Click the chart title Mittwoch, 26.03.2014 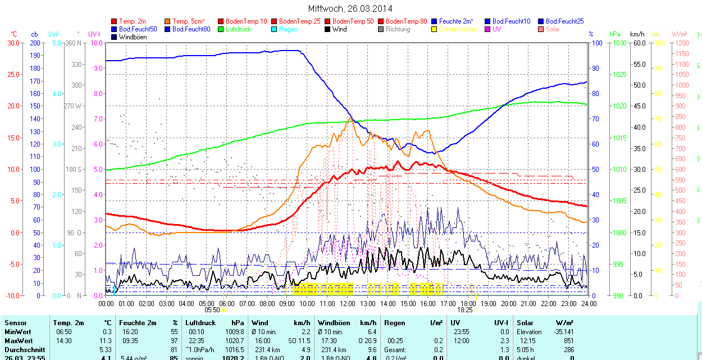pyautogui.click(x=350, y=8)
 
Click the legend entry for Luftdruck pyautogui.click(x=238, y=29)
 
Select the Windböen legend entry pyautogui.click(x=133, y=37)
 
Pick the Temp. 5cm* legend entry pyautogui.click(x=189, y=21)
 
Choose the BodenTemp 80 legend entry pyautogui.click(x=406, y=21)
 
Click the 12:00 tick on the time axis pyautogui.click(x=348, y=304)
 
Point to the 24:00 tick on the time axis pyautogui.click(x=589, y=304)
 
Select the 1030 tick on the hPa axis pyautogui.click(x=618, y=43)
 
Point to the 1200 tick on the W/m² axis pyautogui.click(x=680, y=43)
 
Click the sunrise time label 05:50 pyautogui.click(x=212, y=309)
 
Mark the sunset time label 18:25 pyautogui.click(x=464, y=309)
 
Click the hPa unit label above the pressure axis pyautogui.click(x=614, y=34)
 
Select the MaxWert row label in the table pyautogui.click(x=18, y=341)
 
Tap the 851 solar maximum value pyautogui.click(x=568, y=341)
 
